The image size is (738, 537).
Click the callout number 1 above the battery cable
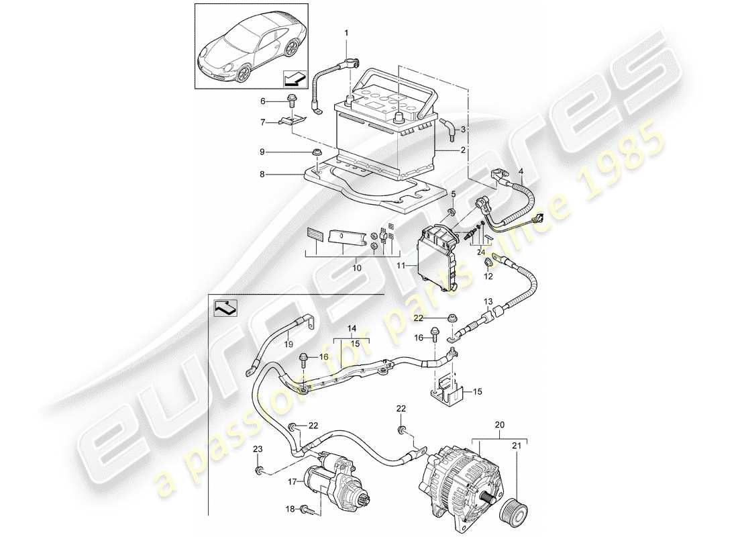click(347, 32)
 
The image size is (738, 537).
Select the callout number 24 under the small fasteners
click(480, 252)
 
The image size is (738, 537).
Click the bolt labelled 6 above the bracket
click(291, 101)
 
